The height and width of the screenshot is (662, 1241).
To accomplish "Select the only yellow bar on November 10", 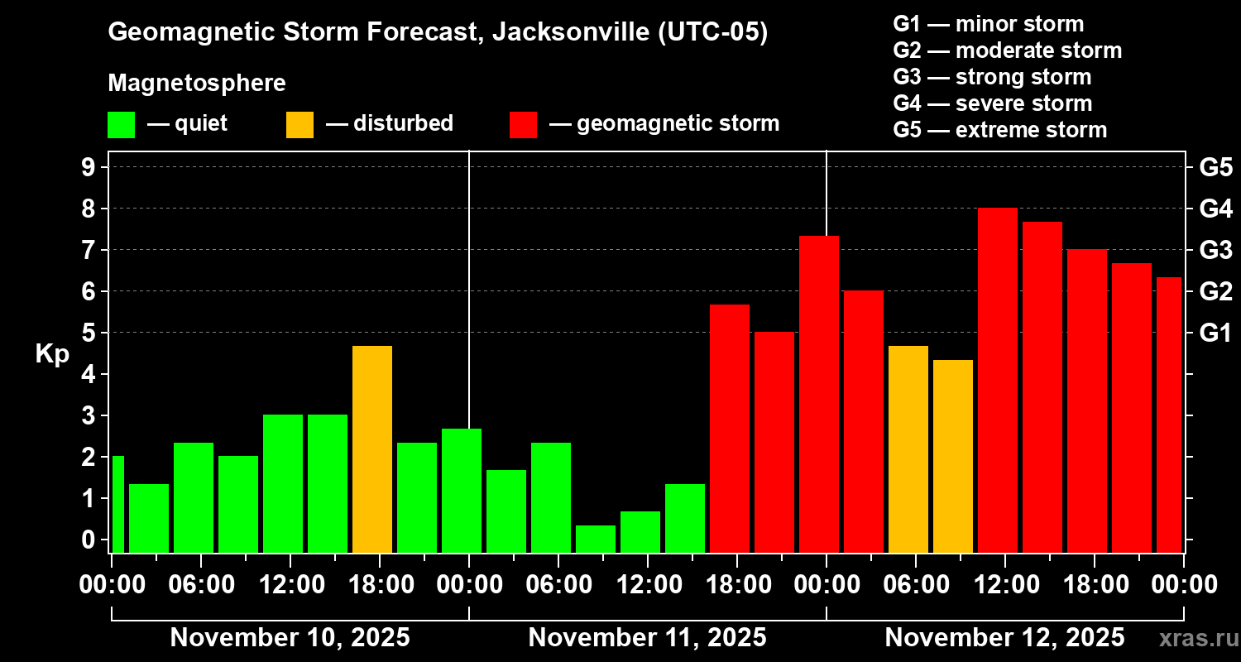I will pos(371,449).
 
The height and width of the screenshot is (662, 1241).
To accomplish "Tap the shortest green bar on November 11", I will pos(595,539).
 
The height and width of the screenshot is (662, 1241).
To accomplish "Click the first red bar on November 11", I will pos(729,428).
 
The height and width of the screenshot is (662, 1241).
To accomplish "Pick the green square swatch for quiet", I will pos(121,124).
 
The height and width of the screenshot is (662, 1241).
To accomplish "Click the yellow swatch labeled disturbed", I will pos(299,124).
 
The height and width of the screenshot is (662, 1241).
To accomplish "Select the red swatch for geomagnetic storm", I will pos(523,124).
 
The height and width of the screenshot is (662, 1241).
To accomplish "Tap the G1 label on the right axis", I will pos(1215,333).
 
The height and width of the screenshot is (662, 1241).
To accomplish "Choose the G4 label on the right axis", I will pos(1215,209).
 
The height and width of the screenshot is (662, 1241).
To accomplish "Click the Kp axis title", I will pos(51,353).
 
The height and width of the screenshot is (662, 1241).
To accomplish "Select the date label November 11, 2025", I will pos(647,638).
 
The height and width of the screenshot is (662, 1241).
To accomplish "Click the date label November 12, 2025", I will pos(1004,638).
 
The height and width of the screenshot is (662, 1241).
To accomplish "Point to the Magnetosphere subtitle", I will pos(197,84).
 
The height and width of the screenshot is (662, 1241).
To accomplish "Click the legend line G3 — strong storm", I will pos(992,77).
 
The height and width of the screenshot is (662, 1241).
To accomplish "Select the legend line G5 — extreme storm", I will pos(999,130).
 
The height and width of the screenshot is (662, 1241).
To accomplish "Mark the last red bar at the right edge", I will pos(1168,414).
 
